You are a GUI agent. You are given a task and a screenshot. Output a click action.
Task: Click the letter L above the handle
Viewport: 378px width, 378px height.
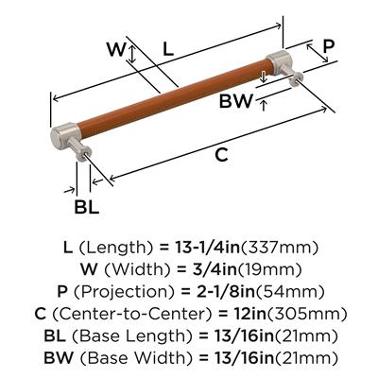pos(168,49)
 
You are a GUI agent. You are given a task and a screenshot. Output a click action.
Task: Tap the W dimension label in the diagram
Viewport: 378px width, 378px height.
pos(116,49)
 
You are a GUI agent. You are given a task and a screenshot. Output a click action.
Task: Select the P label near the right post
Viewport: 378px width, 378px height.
pos(328,46)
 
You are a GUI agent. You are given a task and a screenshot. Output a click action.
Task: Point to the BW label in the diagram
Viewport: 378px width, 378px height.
pos(236,101)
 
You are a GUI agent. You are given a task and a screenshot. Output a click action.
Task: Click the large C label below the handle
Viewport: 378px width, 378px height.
pos(222,154)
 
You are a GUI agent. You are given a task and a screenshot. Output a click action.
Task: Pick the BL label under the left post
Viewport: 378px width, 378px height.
pos(87,207)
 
